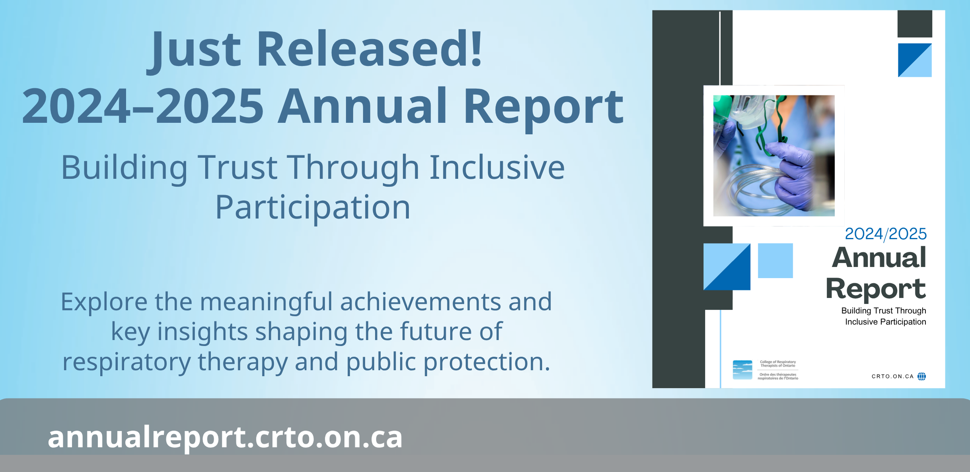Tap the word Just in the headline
tap(194, 52)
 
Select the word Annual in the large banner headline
tap(362, 106)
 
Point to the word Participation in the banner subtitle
tap(313, 208)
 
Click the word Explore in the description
tap(104, 302)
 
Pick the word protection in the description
tap(487, 362)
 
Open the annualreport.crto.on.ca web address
tap(225, 437)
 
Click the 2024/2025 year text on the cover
tap(886, 234)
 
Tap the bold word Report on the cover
tap(876, 288)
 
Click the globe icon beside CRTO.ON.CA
tap(921, 376)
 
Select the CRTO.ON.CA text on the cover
tap(892, 376)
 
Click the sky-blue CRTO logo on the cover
tap(742, 370)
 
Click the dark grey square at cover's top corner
tap(915, 24)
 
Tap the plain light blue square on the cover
tap(775, 261)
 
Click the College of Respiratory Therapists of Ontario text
tap(778, 364)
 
